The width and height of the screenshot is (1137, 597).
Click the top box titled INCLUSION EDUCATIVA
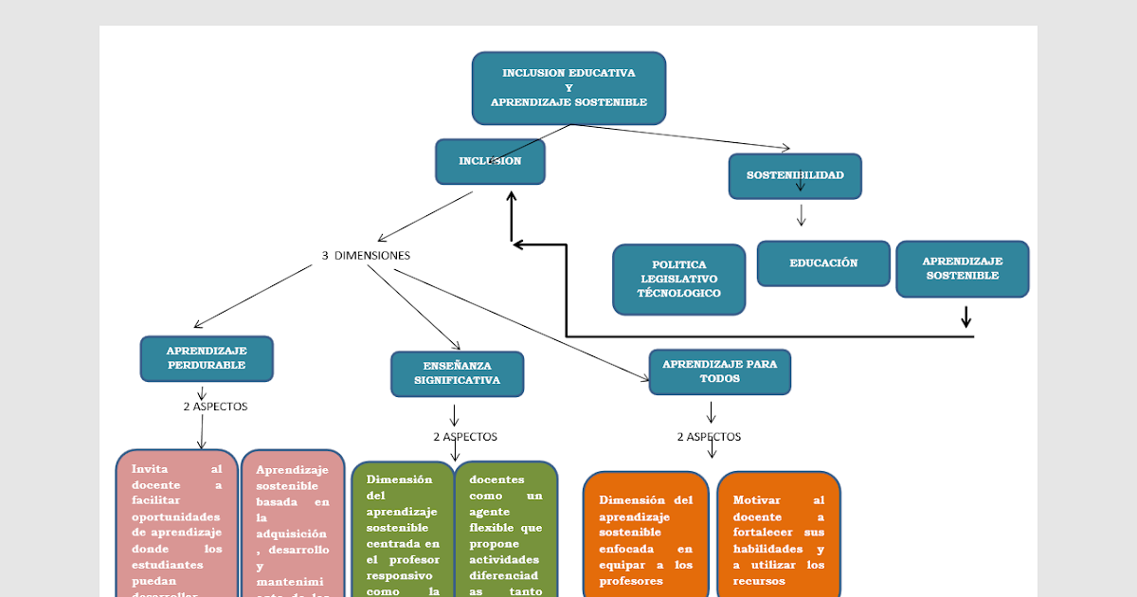point(568,87)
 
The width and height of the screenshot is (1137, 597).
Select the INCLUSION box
point(490,161)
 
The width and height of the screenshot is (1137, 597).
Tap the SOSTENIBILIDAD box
point(795,176)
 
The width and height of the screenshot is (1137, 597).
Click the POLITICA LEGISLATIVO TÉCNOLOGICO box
point(678,280)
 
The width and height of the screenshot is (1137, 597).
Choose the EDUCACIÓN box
point(823,263)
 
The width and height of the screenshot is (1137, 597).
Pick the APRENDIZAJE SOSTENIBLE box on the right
point(962,269)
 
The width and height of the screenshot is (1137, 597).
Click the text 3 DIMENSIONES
point(366,256)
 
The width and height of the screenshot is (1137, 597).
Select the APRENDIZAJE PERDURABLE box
point(207,358)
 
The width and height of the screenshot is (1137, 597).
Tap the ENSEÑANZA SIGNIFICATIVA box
point(457,373)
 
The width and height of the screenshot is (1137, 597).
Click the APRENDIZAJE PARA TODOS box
point(719,371)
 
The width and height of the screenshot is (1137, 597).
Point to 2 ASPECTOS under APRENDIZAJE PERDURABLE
point(215,407)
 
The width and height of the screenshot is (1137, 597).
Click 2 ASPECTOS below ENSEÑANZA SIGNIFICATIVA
point(465,437)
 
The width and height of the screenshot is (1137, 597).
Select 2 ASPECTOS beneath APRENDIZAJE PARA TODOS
point(709,437)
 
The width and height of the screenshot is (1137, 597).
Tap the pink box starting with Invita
point(177,526)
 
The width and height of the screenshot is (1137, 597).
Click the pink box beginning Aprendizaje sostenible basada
point(292,526)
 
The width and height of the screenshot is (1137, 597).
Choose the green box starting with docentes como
point(506,531)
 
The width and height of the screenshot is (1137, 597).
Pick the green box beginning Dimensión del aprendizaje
point(403,531)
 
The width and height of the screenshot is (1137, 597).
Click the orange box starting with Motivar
point(778,536)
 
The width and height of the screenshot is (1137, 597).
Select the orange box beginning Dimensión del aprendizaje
point(645,536)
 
